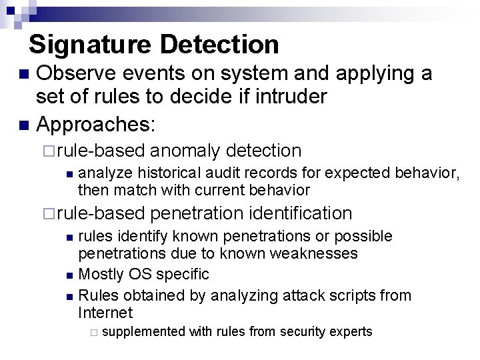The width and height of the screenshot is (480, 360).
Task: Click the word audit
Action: [x=218, y=173]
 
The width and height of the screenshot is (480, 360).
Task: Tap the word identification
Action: [x=300, y=213]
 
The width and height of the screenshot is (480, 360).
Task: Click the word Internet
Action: [x=105, y=313]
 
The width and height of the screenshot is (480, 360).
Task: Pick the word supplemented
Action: [x=145, y=331]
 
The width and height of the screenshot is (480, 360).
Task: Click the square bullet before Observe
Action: [x=24, y=74]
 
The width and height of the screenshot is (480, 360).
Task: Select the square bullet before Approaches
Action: [x=24, y=124]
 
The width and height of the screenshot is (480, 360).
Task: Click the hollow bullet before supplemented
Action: [x=94, y=332]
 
